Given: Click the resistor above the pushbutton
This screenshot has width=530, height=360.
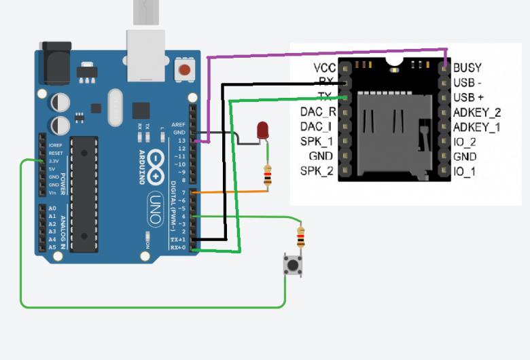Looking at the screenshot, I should coord(301,236).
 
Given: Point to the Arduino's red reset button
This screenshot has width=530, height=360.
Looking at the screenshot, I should coord(183,69).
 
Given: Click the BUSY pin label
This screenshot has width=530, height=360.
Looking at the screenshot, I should coord(467,67).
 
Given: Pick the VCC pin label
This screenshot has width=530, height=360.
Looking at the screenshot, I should coord(323,67).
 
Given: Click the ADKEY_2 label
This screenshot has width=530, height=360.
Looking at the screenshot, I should coord(476,112).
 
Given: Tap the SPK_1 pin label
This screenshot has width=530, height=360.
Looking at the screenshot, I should coord(317,141).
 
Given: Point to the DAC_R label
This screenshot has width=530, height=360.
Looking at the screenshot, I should coord(317,112).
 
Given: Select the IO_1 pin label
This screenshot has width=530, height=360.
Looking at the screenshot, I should coord(464,170).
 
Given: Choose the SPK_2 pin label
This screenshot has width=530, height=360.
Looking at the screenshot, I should coord(317,170).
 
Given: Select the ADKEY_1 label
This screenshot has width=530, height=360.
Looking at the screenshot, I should coord(476,126).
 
